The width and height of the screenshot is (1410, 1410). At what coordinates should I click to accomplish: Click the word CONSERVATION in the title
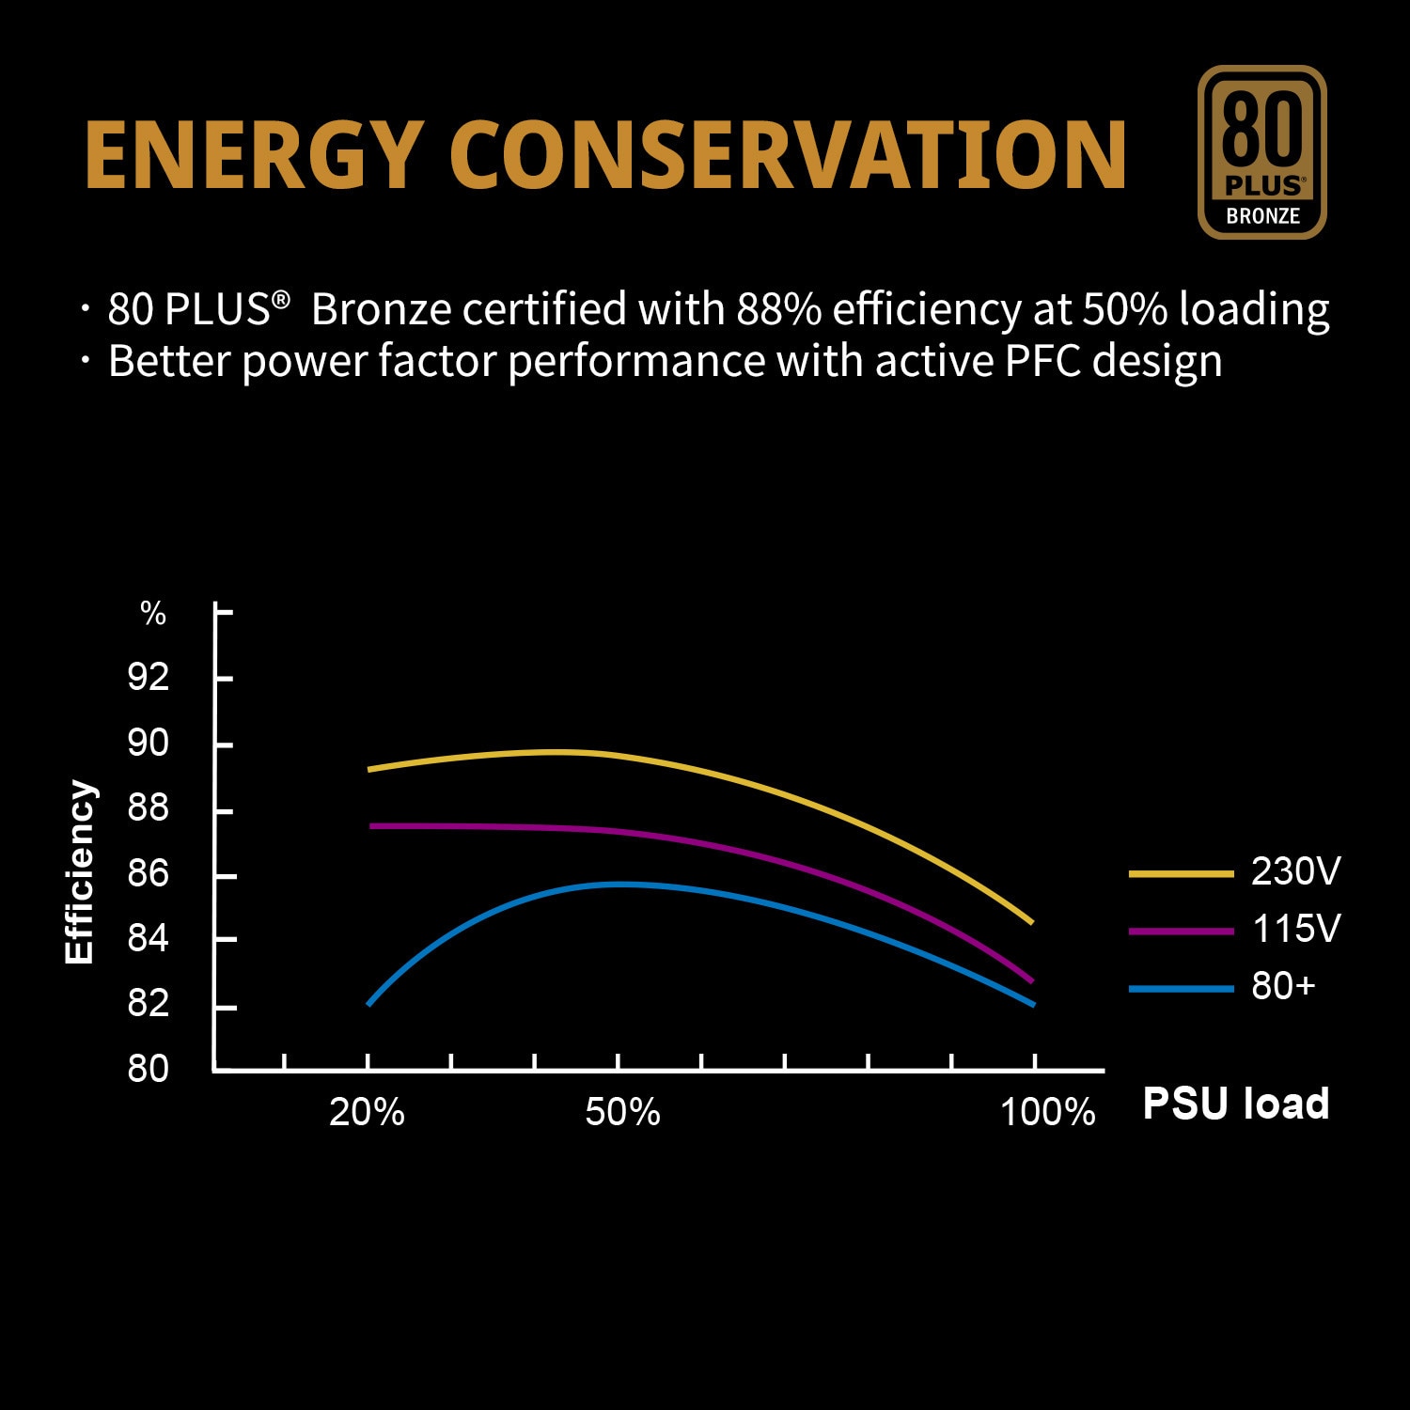(x=788, y=154)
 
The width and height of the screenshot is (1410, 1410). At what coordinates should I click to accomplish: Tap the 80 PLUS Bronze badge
(x=1261, y=152)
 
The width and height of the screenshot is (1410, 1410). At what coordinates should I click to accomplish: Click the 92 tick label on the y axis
(x=149, y=677)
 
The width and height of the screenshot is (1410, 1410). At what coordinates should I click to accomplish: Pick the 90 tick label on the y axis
(x=149, y=744)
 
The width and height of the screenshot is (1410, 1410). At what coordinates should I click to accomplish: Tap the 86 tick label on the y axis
(x=149, y=874)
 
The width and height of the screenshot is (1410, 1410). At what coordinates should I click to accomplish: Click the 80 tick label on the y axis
(x=149, y=1069)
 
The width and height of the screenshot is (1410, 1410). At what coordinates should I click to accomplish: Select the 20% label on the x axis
(x=367, y=1113)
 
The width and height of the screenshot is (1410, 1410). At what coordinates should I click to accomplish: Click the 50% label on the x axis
(x=622, y=1113)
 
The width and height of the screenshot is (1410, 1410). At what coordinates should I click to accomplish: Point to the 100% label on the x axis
(x=1047, y=1113)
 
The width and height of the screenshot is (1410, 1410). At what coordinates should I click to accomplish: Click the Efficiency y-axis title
(x=80, y=872)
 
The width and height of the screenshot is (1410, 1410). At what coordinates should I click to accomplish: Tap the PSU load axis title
(x=1235, y=1104)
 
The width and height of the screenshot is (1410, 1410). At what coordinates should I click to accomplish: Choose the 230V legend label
(x=1295, y=871)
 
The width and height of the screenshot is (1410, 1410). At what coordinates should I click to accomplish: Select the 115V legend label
(x=1295, y=929)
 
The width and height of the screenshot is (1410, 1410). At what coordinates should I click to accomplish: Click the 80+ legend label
(x=1283, y=986)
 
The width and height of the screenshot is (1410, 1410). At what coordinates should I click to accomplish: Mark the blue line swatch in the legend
(x=1181, y=989)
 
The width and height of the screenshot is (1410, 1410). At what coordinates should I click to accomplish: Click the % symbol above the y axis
(x=153, y=614)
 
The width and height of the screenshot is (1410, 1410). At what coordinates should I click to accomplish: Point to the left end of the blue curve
(x=369, y=1004)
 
